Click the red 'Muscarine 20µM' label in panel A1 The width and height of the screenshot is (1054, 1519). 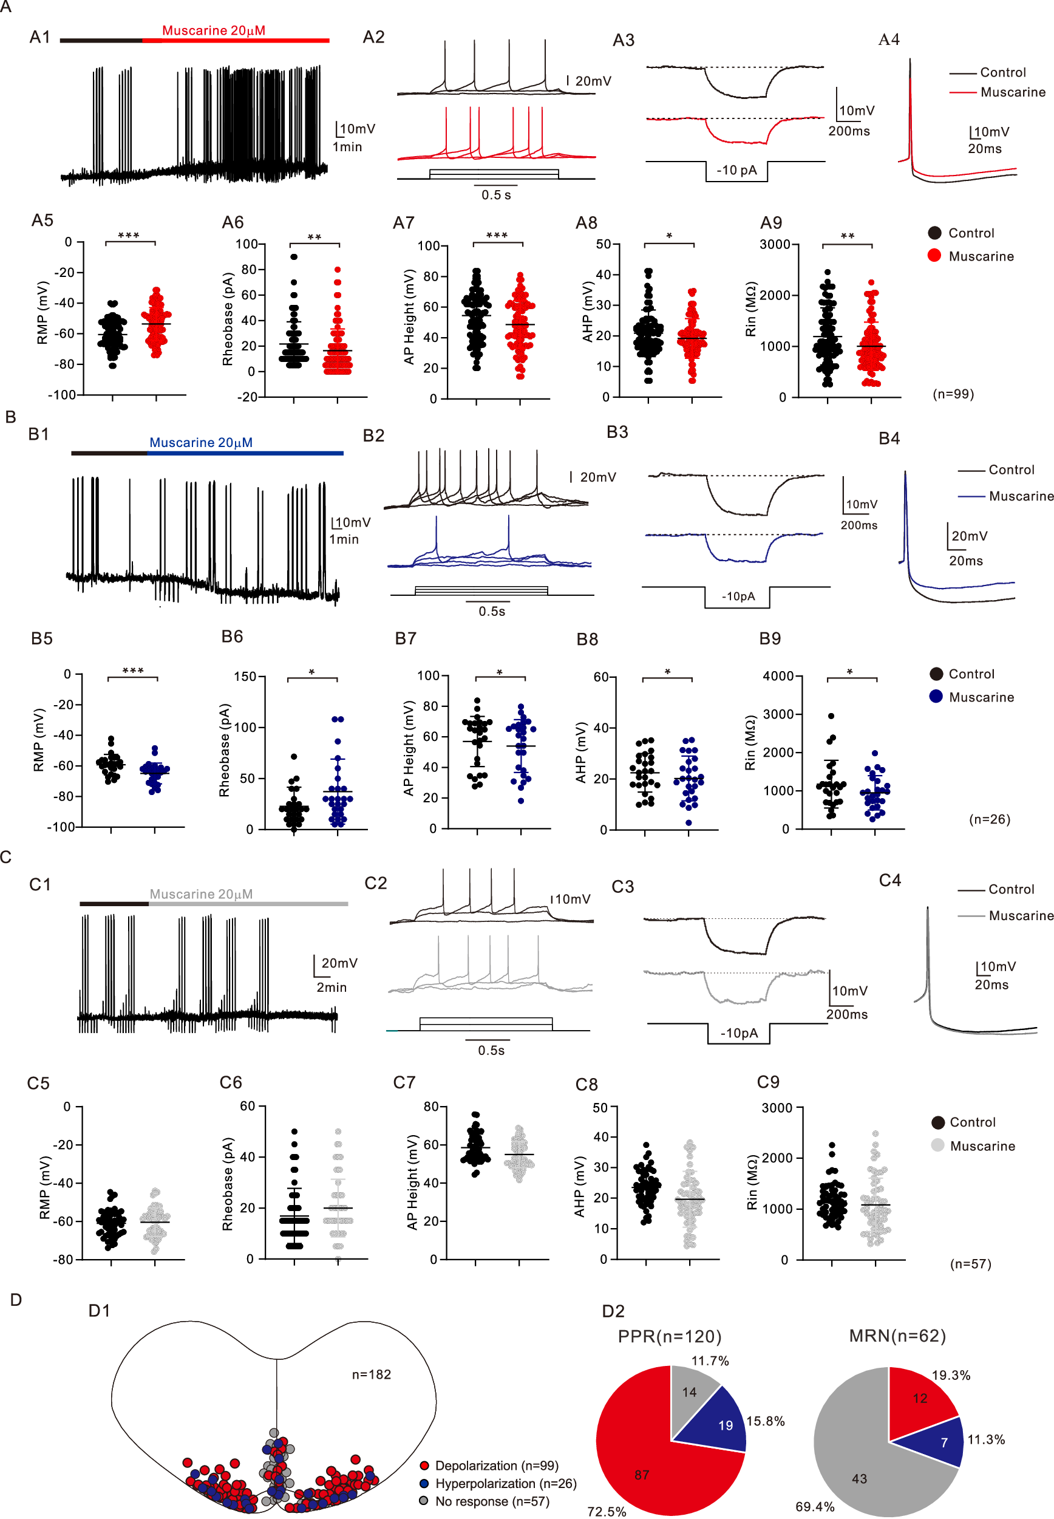pyautogui.click(x=213, y=30)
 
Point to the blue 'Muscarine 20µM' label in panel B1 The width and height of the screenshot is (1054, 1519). pyautogui.click(x=201, y=443)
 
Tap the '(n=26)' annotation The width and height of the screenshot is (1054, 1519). pyautogui.click(x=989, y=819)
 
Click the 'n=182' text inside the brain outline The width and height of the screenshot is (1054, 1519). pyautogui.click(x=371, y=1374)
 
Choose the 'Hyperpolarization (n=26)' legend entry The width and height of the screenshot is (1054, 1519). pyautogui.click(x=505, y=1483)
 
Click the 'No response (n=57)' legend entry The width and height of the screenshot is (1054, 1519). pyautogui.click(x=492, y=1501)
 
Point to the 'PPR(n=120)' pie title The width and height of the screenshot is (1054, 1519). pyautogui.click(x=669, y=1337)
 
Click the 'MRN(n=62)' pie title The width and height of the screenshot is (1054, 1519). pyautogui.click(x=897, y=1336)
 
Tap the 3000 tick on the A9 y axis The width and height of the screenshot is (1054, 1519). pyautogui.click(x=775, y=244)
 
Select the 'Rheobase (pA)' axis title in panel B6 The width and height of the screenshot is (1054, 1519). pyautogui.click(x=225, y=750)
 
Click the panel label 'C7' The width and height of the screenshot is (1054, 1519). pyautogui.click(x=404, y=1082)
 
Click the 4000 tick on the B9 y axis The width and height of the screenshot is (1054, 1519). pyautogui.click(x=778, y=676)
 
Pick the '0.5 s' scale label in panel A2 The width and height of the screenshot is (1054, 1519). pyautogui.click(x=496, y=195)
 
